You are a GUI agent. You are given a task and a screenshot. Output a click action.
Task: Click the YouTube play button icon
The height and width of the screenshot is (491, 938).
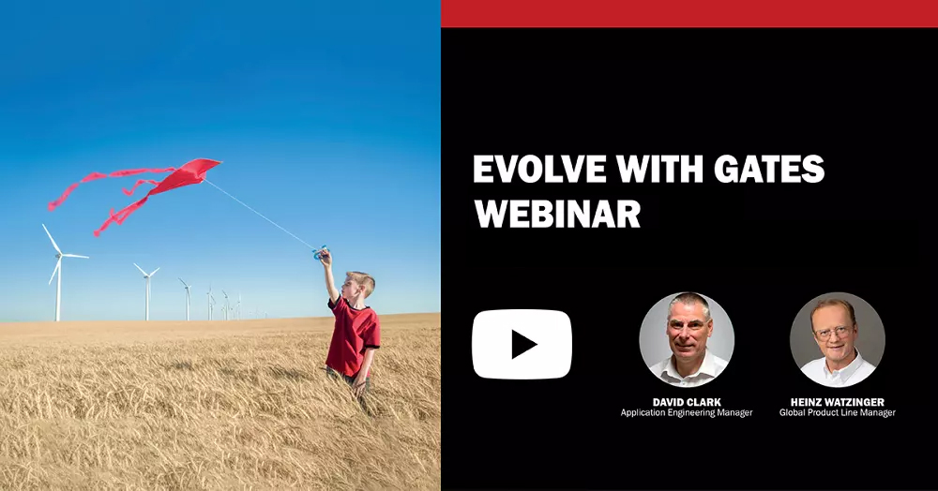click(x=522, y=344)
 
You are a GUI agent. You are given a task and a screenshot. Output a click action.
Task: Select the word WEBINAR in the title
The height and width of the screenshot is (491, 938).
click(x=557, y=214)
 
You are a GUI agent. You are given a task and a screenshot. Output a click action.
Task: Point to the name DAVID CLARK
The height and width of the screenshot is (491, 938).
click(x=687, y=402)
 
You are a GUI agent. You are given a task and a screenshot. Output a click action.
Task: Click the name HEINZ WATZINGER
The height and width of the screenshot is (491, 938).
click(x=837, y=402)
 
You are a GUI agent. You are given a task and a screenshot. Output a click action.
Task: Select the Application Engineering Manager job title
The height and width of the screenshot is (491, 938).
click(x=687, y=412)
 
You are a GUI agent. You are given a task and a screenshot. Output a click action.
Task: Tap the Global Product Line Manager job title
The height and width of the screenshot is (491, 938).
click(x=837, y=412)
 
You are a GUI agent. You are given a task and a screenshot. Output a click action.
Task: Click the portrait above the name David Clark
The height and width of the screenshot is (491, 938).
click(x=687, y=340)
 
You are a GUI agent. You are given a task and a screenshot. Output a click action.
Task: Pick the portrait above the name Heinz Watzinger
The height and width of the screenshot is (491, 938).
click(x=837, y=340)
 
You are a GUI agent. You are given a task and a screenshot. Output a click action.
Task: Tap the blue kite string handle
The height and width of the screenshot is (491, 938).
click(x=320, y=252)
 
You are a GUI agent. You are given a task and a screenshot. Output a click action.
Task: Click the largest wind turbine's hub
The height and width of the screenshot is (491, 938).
click(x=59, y=256)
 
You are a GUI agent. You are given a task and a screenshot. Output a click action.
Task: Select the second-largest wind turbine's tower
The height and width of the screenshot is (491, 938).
click(x=146, y=299)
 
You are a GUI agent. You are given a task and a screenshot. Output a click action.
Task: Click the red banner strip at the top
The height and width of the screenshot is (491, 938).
click(x=689, y=13)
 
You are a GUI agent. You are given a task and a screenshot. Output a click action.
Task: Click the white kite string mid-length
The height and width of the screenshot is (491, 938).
click(x=264, y=214)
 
